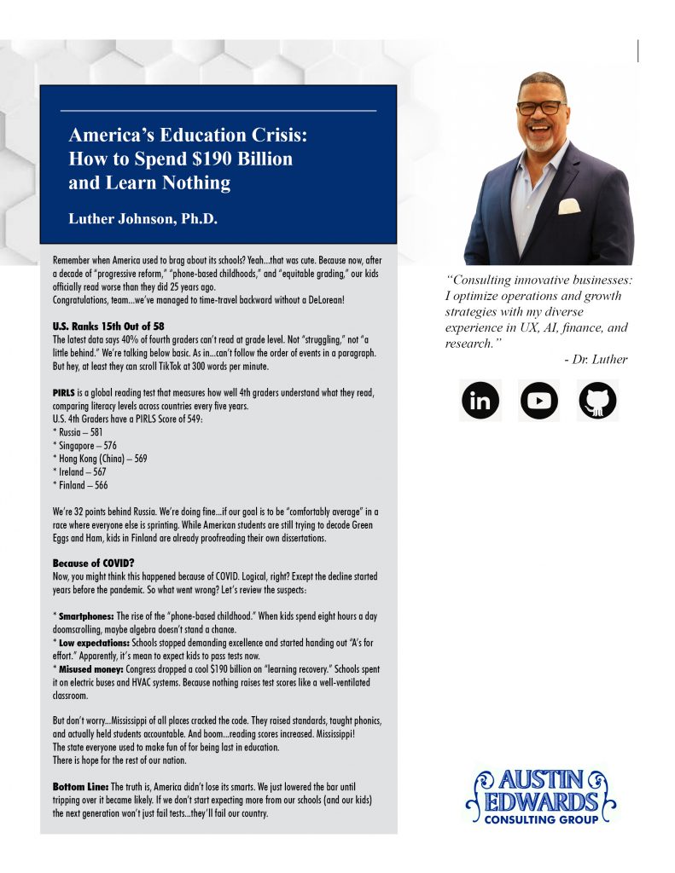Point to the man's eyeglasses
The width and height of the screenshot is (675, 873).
coord(541,108)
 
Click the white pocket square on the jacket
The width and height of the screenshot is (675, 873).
coord(569,205)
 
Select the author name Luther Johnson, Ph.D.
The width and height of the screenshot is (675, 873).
coord(143,219)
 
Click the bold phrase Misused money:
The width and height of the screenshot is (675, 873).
coord(90,668)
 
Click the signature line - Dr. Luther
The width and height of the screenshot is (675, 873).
coord(596,359)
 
